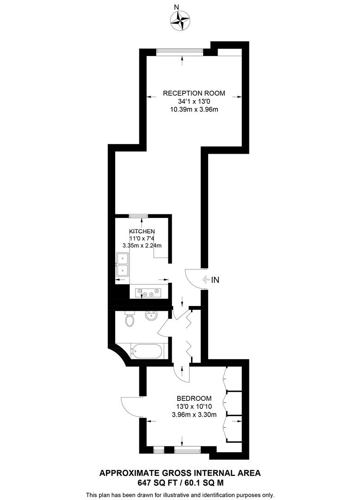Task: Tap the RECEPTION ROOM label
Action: pyautogui.click(x=194, y=93)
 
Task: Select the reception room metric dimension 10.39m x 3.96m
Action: pyautogui.click(x=194, y=110)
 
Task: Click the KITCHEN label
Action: pyautogui.click(x=142, y=231)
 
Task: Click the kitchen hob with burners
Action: pyautogui.click(x=148, y=293)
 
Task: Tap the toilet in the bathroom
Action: pyautogui.click(x=130, y=319)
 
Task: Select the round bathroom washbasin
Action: pyautogui.click(x=151, y=317)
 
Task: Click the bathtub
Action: pyautogui.click(x=146, y=351)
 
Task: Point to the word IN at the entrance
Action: pyautogui.click(x=216, y=280)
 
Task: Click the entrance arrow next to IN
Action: pyautogui.click(x=206, y=280)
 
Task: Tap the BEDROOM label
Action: pyautogui.click(x=194, y=398)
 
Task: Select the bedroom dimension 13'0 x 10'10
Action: pyautogui.click(x=194, y=406)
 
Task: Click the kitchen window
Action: pyautogui.click(x=138, y=215)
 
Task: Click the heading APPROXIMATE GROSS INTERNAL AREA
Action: pyautogui.click(x=180, y=473)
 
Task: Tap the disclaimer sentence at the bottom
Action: pyautogui.click(x=180, y=494)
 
